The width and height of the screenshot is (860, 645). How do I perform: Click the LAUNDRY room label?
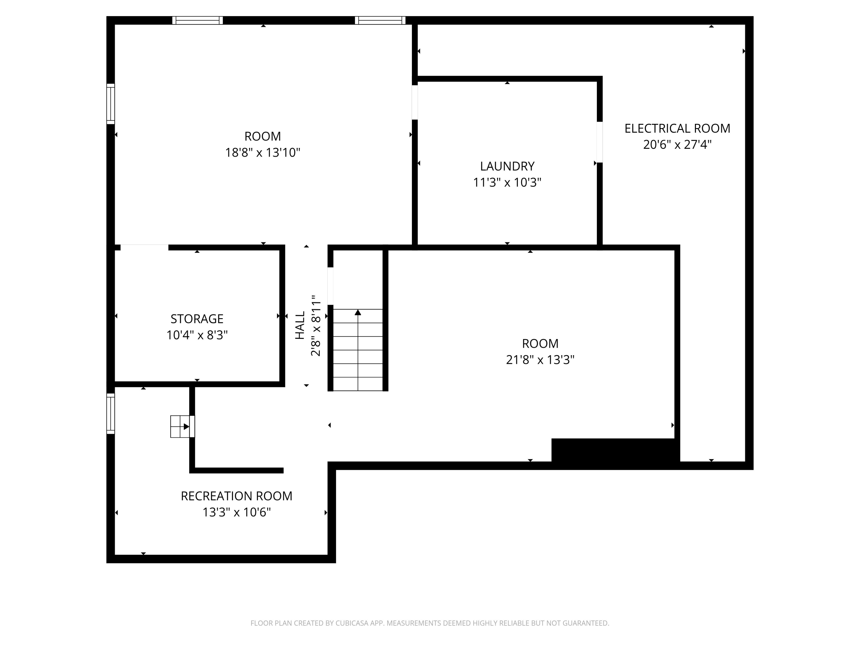507,166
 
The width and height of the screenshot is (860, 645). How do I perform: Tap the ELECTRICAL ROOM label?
677,128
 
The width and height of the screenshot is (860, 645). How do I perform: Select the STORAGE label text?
197,319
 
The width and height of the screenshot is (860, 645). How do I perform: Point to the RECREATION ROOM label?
236,496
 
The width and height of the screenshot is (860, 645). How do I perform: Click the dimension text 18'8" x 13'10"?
262,153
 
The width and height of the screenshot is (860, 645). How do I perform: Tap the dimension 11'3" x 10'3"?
507,182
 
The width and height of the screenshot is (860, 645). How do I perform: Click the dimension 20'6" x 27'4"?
677,145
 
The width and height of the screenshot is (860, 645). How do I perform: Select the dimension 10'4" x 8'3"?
197,335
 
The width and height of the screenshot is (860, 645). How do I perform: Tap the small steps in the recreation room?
180,427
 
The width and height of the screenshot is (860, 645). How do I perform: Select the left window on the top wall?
198,20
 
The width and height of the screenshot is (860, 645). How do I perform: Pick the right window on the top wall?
380,20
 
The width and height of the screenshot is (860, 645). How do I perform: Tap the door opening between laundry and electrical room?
599,142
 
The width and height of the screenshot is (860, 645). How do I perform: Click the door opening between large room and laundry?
415,102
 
